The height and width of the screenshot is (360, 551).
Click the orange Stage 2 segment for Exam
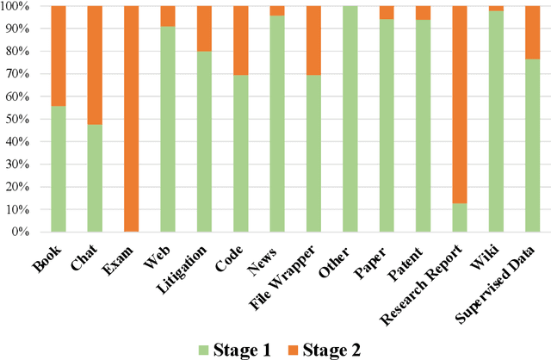click(x=131, y=119)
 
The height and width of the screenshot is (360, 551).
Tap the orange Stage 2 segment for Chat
click(x=95, y=65)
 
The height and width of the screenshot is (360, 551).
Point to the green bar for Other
click(x=350, y=119)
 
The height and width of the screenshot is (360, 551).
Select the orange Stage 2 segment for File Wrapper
click(x=313, y=40)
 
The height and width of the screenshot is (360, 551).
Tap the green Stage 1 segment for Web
click(x=167, y=129)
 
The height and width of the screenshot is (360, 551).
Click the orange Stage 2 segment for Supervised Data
click(x=532, y=32)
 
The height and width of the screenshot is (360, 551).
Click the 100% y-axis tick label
click(x=18, y=6)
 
